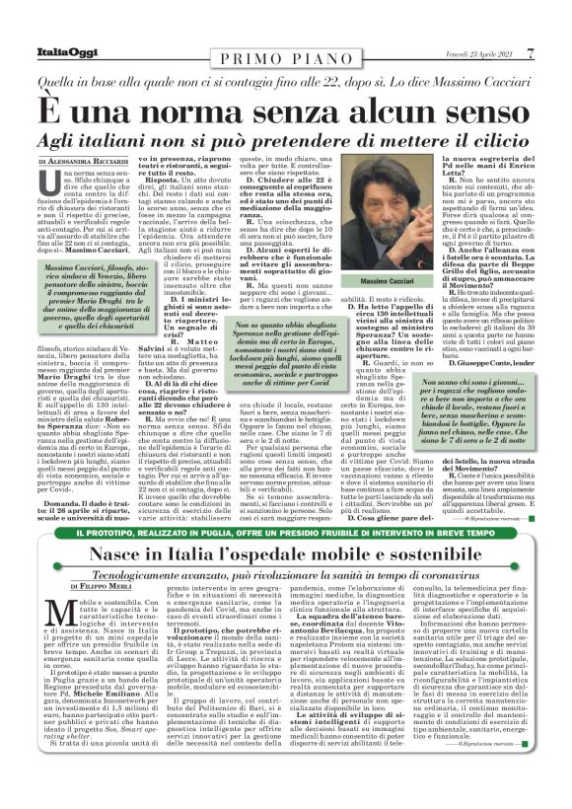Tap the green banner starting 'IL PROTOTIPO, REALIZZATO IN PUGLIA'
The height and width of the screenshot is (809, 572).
[x=286, y=533]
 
